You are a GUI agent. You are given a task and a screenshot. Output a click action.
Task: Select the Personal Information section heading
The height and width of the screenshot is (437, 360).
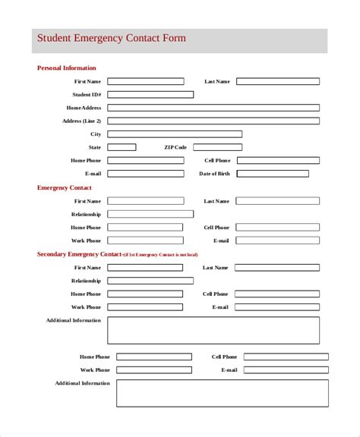(x=67, y=68)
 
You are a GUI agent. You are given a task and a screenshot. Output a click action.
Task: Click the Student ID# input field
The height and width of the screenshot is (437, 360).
(x=150, y=95)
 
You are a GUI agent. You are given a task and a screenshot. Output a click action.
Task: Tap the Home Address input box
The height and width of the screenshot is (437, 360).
(x=213, y=108)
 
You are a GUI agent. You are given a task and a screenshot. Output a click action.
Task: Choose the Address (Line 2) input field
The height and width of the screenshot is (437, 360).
(x=213, y=121)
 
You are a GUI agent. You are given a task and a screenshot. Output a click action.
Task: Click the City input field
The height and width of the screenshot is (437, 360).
(x=175, y=134)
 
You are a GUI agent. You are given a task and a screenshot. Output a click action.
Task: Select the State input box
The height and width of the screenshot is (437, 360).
(x=122, y=147)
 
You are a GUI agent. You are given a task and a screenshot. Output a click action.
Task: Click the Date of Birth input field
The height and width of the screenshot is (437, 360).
(x=273, y=174)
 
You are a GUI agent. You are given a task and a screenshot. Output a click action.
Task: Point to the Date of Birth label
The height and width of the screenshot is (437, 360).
(x=214, y=174)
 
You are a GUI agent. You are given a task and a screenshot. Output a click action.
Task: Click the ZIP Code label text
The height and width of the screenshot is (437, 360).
(x=175, y=147)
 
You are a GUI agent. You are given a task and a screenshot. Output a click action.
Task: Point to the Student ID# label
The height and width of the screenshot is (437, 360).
(x=87, y=95)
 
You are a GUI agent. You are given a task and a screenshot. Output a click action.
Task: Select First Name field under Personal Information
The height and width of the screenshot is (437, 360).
(x=145, y=81)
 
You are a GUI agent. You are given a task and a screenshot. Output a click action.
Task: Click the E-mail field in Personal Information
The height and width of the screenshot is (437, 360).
(x=145, y=174)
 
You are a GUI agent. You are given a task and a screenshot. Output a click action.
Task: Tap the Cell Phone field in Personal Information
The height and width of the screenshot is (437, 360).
(x=278, y=161)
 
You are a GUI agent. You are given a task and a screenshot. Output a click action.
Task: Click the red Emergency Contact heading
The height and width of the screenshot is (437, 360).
(x=65, y=187)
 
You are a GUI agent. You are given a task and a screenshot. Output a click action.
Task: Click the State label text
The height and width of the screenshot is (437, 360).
(x=95, y=147)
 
